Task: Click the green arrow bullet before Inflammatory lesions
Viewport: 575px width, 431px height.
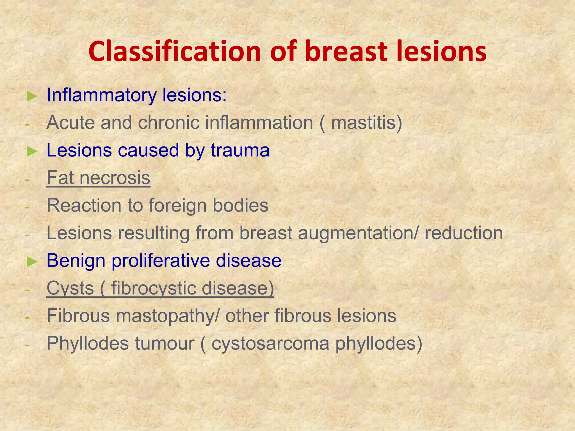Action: [32, 96]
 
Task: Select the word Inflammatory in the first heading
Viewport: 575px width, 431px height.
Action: [101, 95]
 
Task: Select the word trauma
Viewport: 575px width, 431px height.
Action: [240, 150]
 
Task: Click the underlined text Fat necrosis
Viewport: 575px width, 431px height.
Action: [98, 178]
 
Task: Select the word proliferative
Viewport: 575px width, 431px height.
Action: [161, 261]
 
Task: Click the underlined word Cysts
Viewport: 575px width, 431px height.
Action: [70, 288]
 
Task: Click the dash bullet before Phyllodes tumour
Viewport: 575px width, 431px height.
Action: [27, 345]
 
